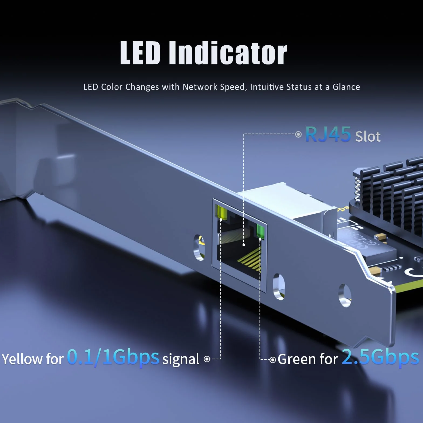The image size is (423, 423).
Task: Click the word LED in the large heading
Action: (140, 53)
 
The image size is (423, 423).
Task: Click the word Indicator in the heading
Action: (228, 53)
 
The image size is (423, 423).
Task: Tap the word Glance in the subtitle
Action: (346, 87)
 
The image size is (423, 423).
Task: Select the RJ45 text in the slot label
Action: (328, 134)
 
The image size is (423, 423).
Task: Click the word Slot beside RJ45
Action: (368, 137)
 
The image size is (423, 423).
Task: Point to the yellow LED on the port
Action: (221, 212)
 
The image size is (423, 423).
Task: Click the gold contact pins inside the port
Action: (250, 260)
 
